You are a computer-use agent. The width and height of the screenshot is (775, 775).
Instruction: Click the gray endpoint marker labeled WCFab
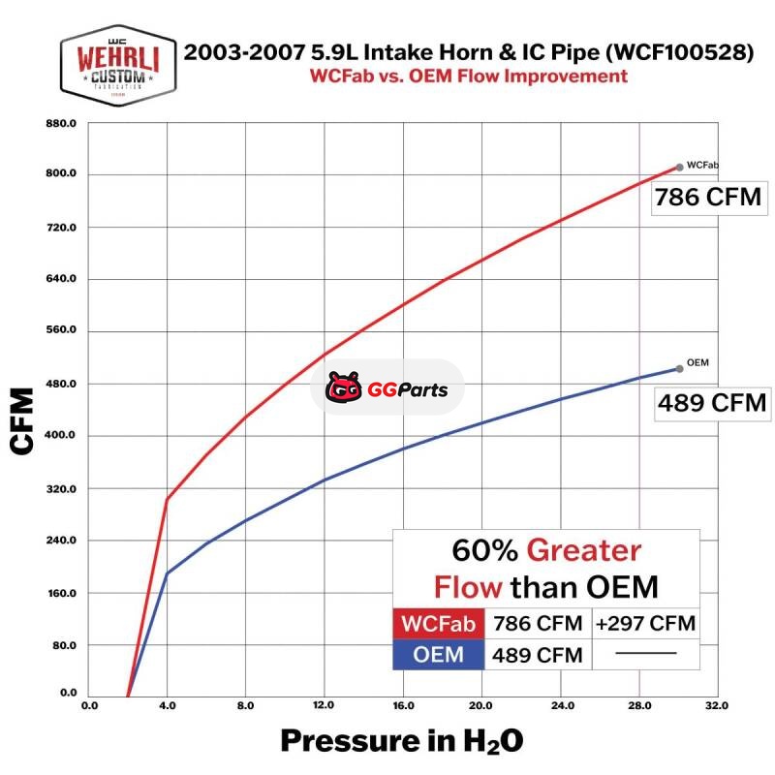pos(679,167)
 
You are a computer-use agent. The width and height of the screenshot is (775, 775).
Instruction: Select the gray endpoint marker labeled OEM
pos(679,368)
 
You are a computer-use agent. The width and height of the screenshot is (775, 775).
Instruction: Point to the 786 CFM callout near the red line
pos(706,199)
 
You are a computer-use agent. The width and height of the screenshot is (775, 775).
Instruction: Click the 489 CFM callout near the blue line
pos(712,402)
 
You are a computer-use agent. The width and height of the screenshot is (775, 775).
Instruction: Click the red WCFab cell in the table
pos(438,623)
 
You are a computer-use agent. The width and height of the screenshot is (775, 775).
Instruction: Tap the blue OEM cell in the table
pos(438,656)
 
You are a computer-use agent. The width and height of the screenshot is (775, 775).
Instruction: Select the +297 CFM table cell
pos(645,623)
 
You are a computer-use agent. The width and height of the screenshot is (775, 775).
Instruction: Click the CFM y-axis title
pos(23,418)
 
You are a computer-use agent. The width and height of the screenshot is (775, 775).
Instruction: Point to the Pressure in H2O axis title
pos(402,742)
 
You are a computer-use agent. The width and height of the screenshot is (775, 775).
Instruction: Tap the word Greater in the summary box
pos(583,551)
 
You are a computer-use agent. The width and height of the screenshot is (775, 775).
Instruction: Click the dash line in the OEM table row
pos(645,654)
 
